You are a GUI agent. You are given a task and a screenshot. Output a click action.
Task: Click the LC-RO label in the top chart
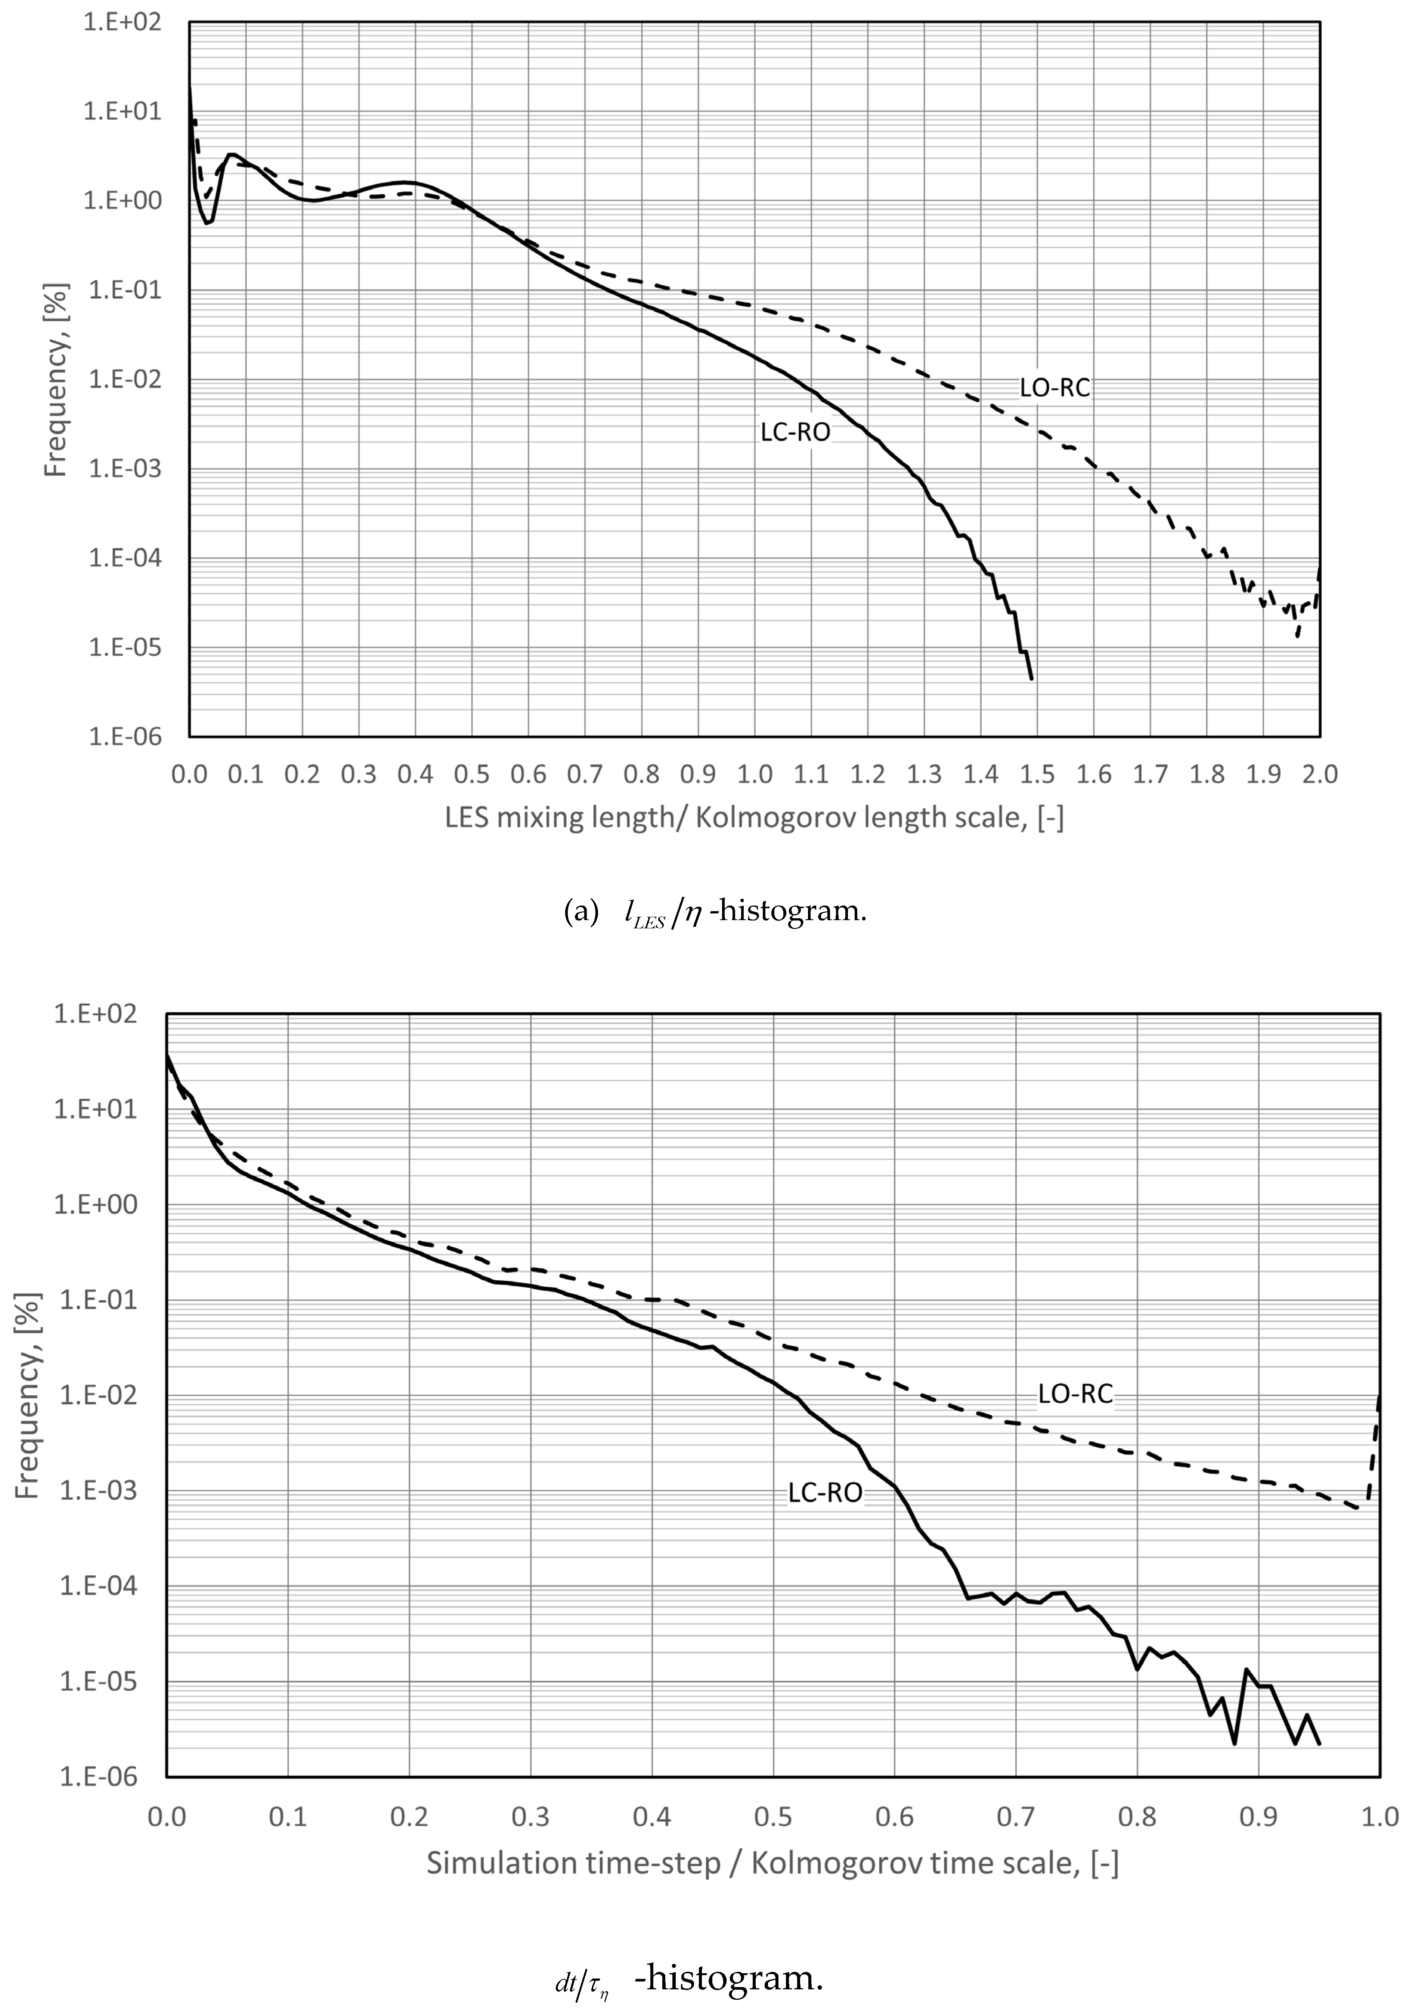pyautogui.click(x=795, y=432)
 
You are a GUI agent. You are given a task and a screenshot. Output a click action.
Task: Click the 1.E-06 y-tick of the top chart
pyautogui.click(x=125, y=737)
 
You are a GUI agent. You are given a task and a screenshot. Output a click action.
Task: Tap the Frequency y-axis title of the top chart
pyautogui.click(x=55, y=379)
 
